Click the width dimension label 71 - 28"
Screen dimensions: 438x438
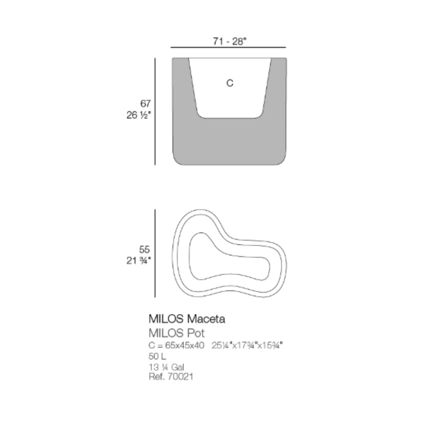(230, 41)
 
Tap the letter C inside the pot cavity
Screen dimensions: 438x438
(230, 83)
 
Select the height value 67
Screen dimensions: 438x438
(145, 104)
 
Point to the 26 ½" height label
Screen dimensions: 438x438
(138, 115)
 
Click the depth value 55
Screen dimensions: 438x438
(145, 249)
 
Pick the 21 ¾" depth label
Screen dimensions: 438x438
(138, 261)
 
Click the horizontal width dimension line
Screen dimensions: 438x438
(228, 47)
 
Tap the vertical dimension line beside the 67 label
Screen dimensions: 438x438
(155, 111)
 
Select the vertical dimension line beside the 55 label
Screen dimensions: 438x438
(155, 253)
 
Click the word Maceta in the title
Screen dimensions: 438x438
(206, 319)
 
